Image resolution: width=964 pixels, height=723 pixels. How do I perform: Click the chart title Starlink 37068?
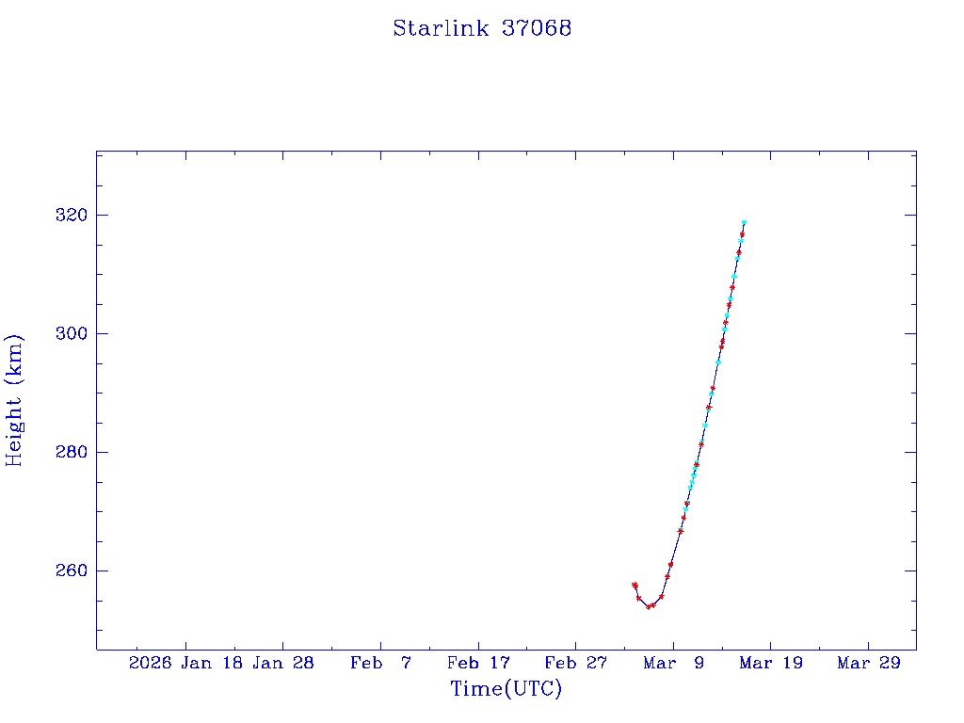point(482,28)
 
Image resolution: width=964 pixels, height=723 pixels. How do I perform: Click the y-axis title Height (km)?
point(15,400)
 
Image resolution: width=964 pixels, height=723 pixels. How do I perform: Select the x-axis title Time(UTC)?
point(506,689)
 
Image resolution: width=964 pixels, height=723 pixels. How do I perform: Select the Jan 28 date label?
point(283,663)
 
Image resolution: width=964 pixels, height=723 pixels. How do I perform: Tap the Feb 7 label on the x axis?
point(380,663)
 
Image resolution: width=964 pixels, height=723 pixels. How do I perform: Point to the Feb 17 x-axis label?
point(478,663)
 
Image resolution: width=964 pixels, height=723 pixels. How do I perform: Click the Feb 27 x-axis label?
point(575,663)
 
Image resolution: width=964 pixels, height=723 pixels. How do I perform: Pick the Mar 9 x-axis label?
point(673,663)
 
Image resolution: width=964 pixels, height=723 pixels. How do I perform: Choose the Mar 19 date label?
point(770,663)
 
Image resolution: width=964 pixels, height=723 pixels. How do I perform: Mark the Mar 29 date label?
point(868,663)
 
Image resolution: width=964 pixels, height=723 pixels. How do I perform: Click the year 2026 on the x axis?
point(150,663)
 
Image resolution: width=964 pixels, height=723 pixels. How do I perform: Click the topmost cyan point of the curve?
point(744,223)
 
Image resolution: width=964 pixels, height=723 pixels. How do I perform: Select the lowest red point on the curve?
point(649,607)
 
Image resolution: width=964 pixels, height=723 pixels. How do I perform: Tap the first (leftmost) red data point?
point(635,585)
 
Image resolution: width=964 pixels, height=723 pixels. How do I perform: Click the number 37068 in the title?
point(537,28)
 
